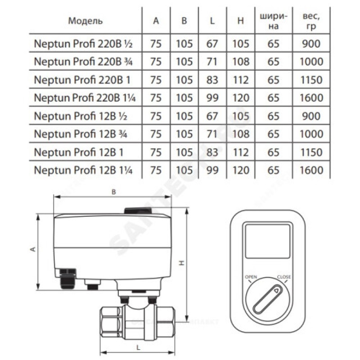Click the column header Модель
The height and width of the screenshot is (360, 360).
point(85,21)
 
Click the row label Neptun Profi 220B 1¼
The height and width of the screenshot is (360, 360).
point(85,98)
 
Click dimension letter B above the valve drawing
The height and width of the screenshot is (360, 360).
point(114,192)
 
